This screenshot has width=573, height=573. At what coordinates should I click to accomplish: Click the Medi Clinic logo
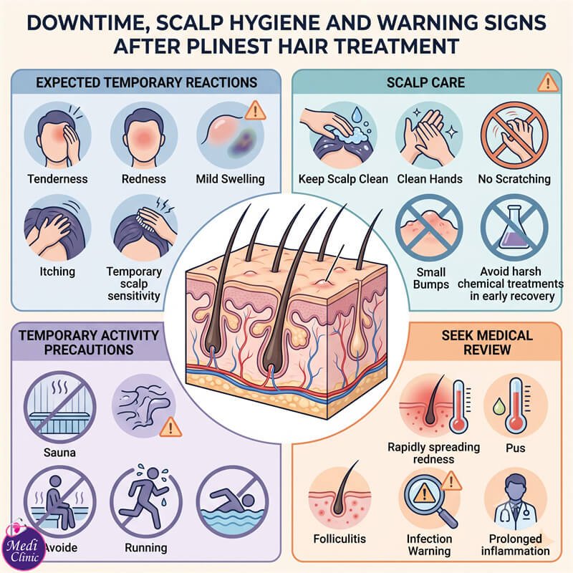pos(24,547)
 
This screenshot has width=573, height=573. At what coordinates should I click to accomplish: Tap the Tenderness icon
pos(58,135)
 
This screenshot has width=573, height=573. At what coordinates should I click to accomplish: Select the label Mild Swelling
pos(230,179)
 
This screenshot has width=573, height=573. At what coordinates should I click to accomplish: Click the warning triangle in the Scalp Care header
pos(548,83)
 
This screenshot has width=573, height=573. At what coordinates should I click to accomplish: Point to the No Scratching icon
pos(514,135)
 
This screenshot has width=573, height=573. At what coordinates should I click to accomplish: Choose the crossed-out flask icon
pos(514,228)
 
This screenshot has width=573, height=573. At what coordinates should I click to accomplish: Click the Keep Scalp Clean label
pos(343,179)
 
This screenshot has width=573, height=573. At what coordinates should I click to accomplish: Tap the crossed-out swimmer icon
pos(232,501)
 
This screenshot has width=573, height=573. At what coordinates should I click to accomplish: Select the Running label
pos(146,548)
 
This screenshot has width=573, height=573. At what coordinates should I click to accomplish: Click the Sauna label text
pos(59,453)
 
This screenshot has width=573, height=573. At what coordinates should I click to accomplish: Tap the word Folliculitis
pos(340,539)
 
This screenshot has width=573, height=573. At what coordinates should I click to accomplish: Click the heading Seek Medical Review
pos(487,342)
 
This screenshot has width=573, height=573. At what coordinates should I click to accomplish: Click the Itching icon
pos(58,228)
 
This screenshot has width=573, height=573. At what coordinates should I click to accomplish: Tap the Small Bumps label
pos(431,279)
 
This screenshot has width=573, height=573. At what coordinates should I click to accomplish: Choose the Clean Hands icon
pos(429,135)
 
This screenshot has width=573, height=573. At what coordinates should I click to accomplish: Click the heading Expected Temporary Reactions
pos(147,82)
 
